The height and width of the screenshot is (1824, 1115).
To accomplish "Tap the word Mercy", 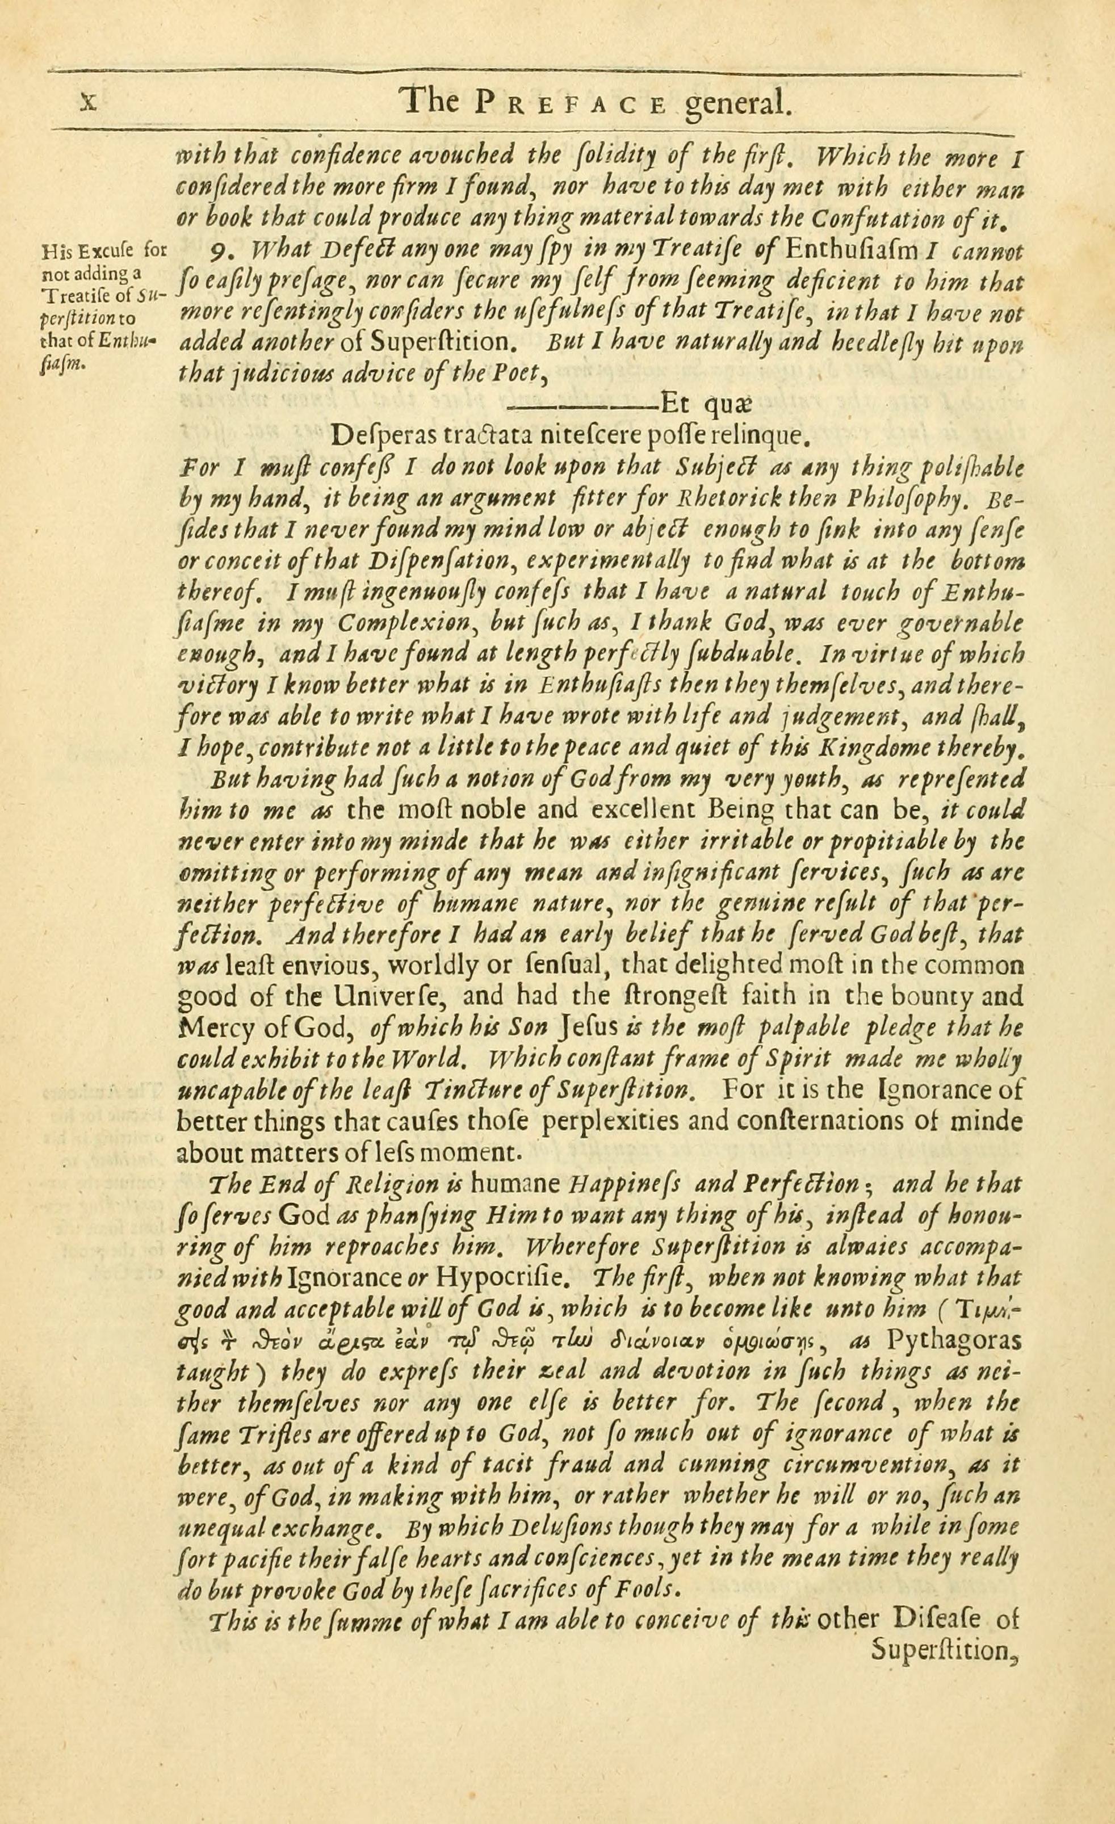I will (209, 1029).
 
